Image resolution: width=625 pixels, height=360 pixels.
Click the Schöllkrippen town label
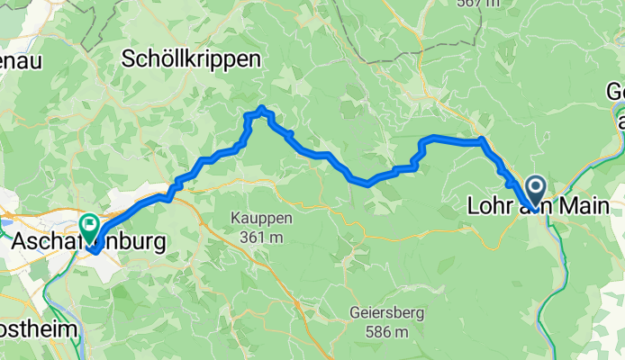191,59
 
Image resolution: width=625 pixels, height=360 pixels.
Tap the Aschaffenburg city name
89,242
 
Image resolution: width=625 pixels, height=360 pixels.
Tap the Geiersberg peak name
389,313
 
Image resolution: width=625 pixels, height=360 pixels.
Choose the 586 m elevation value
390,332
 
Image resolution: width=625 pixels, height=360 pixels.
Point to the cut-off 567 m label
477,4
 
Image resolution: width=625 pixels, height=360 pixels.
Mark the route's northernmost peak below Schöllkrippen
261,108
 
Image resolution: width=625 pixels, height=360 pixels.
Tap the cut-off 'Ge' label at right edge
616,91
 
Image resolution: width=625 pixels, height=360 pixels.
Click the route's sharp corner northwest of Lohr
482,139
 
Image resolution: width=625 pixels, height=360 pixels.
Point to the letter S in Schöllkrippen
129,59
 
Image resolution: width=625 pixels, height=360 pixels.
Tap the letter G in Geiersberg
353,313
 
